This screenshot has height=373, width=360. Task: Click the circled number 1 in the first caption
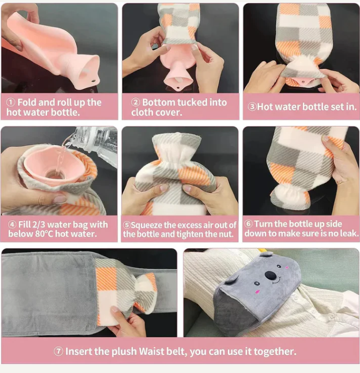click(x=11, y=102)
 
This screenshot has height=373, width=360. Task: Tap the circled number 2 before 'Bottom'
click(x=136, y=102)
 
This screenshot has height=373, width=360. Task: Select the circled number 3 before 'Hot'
click(x=252, y=107)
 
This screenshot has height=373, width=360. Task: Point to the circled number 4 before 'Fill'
click(x=12, y=225)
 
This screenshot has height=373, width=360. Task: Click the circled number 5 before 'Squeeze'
click(x=127, y=225)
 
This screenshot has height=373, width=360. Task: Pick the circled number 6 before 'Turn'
click(x=249, y=224)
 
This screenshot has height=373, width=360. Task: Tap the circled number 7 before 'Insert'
click(x=58, y=352)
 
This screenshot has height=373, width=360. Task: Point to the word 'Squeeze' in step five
click(x=146, y=225)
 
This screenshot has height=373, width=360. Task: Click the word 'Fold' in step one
click(x=27, y=102)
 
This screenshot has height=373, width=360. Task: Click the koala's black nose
click(x=271, y=275)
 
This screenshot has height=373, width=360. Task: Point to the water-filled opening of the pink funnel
click(x=55, y=174)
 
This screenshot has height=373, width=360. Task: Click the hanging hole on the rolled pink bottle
click(x=93, y=81)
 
